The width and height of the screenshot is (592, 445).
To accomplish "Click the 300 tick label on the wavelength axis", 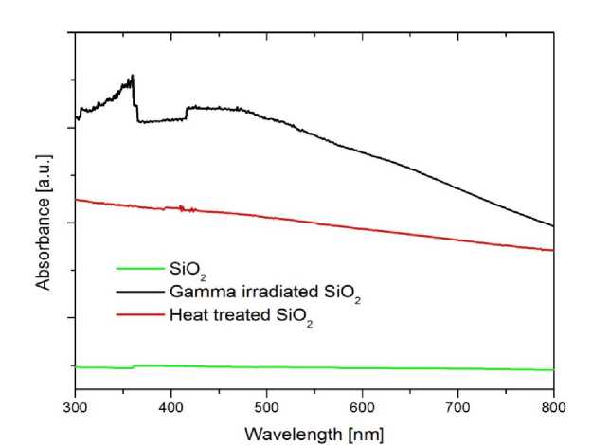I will click(x=75, y=407).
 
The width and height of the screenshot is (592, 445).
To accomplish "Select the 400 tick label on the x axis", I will click(x=170, y=407).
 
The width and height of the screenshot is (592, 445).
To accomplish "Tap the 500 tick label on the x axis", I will click(x=267, y=407).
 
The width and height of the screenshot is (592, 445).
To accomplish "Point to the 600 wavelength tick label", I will click(x=363, y=407).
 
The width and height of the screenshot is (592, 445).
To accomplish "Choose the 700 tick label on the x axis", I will click(x=458, y=407).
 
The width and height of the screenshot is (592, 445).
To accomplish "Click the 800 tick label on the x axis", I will click(x=554, y=407).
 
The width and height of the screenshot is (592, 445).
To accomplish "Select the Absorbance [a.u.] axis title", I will click(x=43, y=224).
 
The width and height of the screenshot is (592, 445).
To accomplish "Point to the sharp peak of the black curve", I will click(x=134, y=76).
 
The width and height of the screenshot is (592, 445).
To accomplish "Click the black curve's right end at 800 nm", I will click(x=553, y=226).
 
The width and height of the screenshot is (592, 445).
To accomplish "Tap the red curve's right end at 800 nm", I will click(x=553, y=250).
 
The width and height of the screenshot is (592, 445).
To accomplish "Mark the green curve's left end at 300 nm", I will click(x=76, y=366).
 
